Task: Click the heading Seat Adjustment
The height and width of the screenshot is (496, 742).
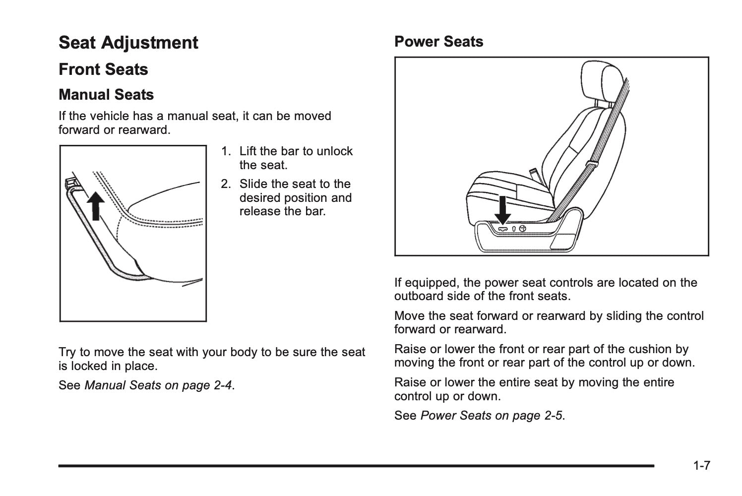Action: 128,43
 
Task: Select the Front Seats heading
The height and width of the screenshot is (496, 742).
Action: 103,69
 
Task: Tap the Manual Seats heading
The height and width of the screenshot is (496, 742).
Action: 106,95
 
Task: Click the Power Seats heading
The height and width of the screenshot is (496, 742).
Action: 438,42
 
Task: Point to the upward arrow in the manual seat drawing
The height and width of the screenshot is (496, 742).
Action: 95,205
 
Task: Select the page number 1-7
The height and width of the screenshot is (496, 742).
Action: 701,466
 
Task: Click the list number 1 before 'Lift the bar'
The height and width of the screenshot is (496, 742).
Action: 225,151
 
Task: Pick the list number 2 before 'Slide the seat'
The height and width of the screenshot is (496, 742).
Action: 225,184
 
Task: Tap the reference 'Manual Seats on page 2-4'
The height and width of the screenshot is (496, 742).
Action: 158,385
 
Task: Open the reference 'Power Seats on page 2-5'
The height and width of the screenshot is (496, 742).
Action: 492,416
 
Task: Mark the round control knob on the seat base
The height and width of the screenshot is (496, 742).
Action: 522,228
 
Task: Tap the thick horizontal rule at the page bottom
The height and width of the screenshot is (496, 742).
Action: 356,466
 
